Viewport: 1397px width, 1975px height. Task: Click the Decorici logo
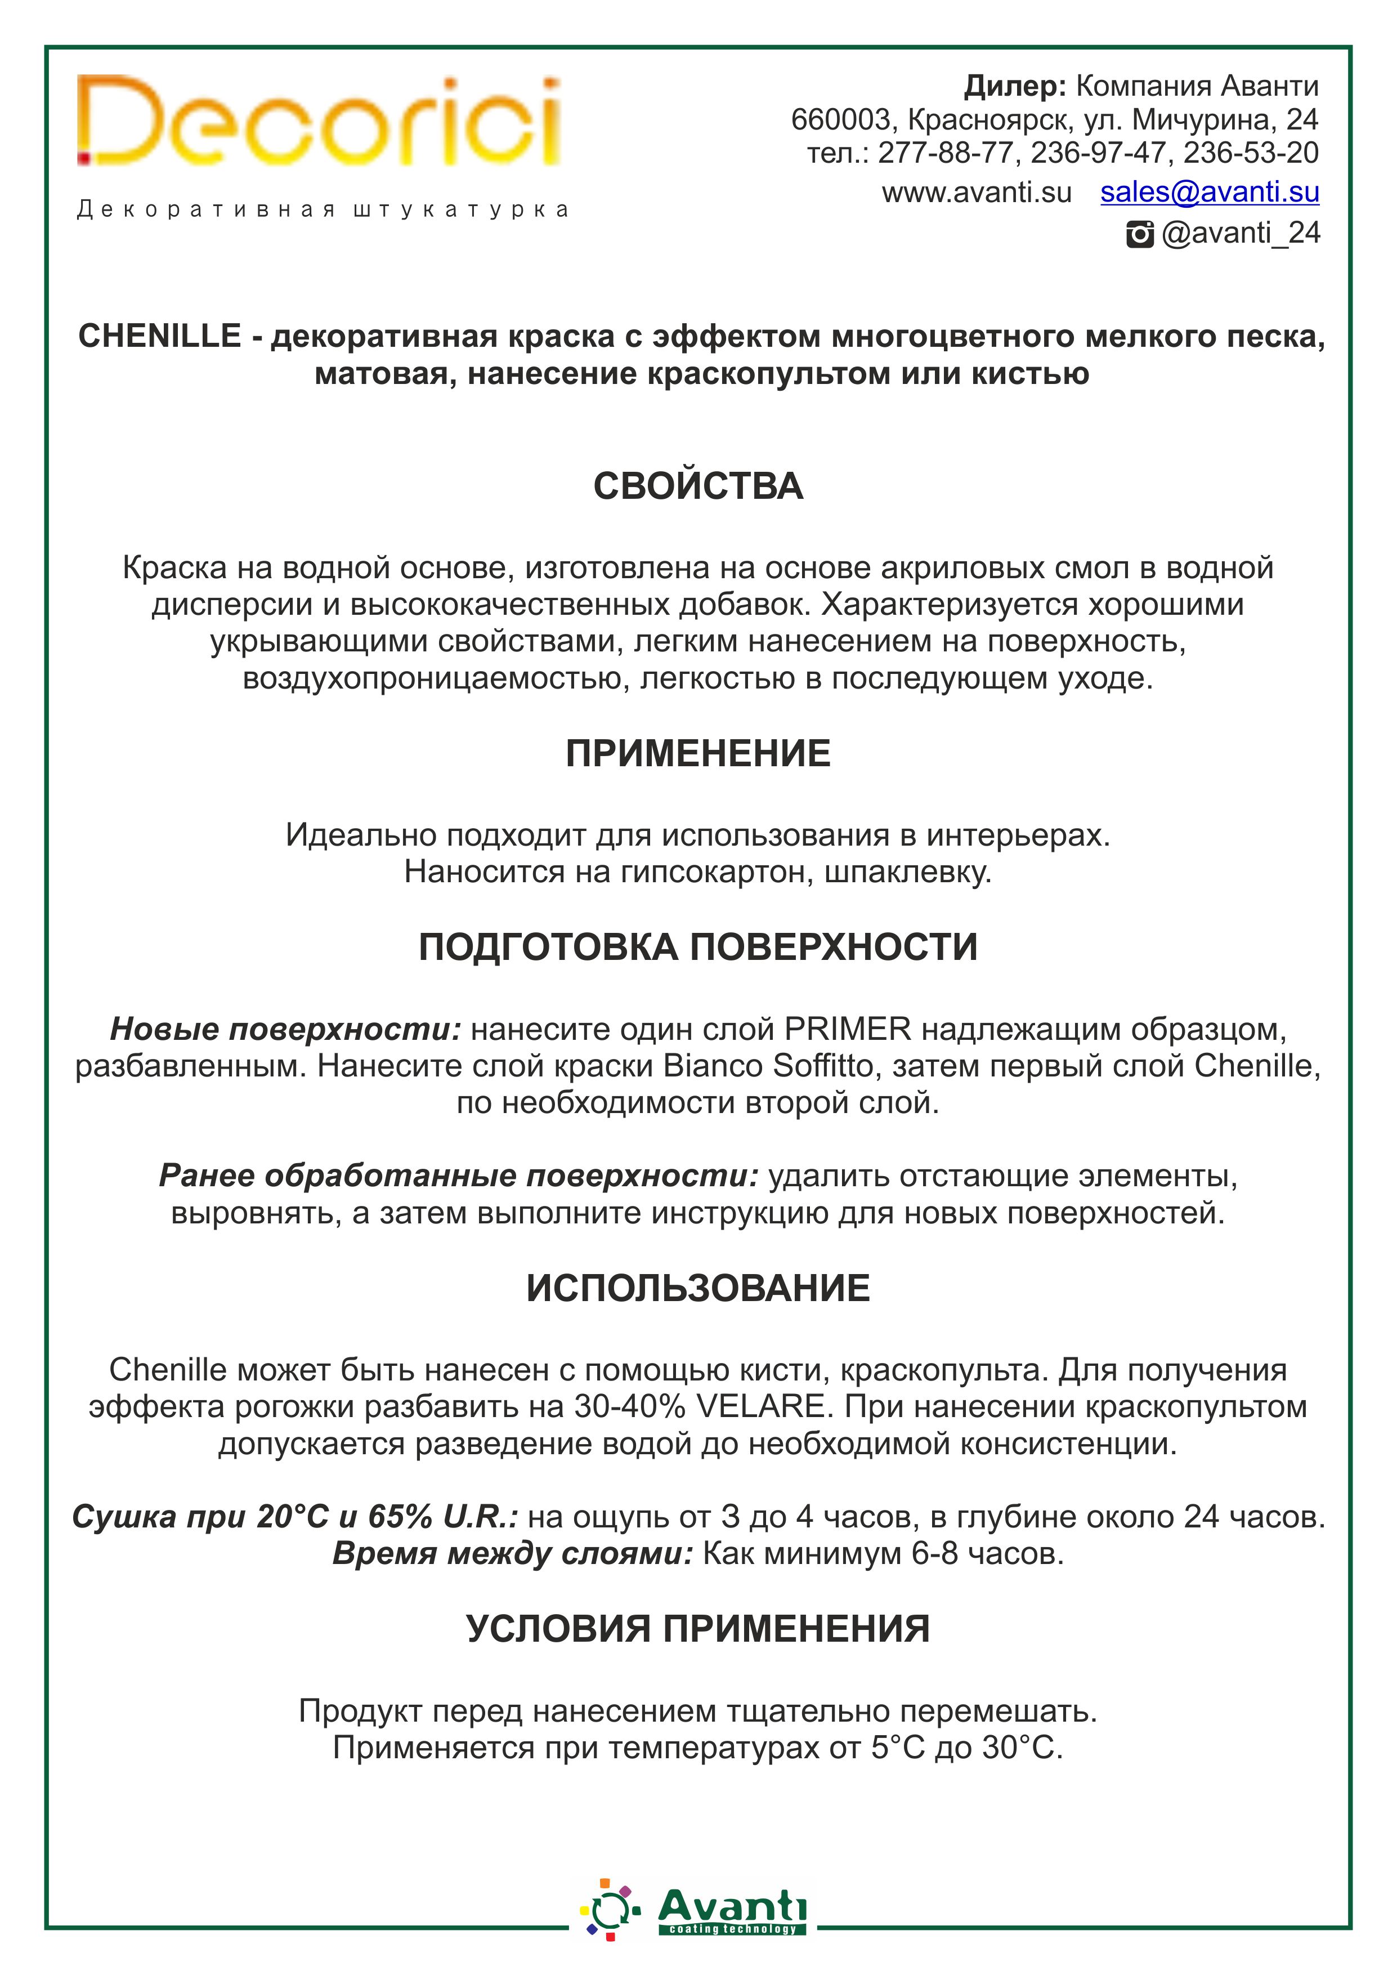318,122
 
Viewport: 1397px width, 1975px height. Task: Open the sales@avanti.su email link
1210,192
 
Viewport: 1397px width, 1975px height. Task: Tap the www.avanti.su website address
977,193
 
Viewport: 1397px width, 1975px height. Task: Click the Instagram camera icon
1140,234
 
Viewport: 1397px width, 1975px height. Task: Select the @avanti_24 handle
1241,233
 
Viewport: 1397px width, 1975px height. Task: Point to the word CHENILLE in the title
159,336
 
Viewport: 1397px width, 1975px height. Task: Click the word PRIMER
847,1029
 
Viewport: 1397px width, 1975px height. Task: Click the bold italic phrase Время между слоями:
513,1553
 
